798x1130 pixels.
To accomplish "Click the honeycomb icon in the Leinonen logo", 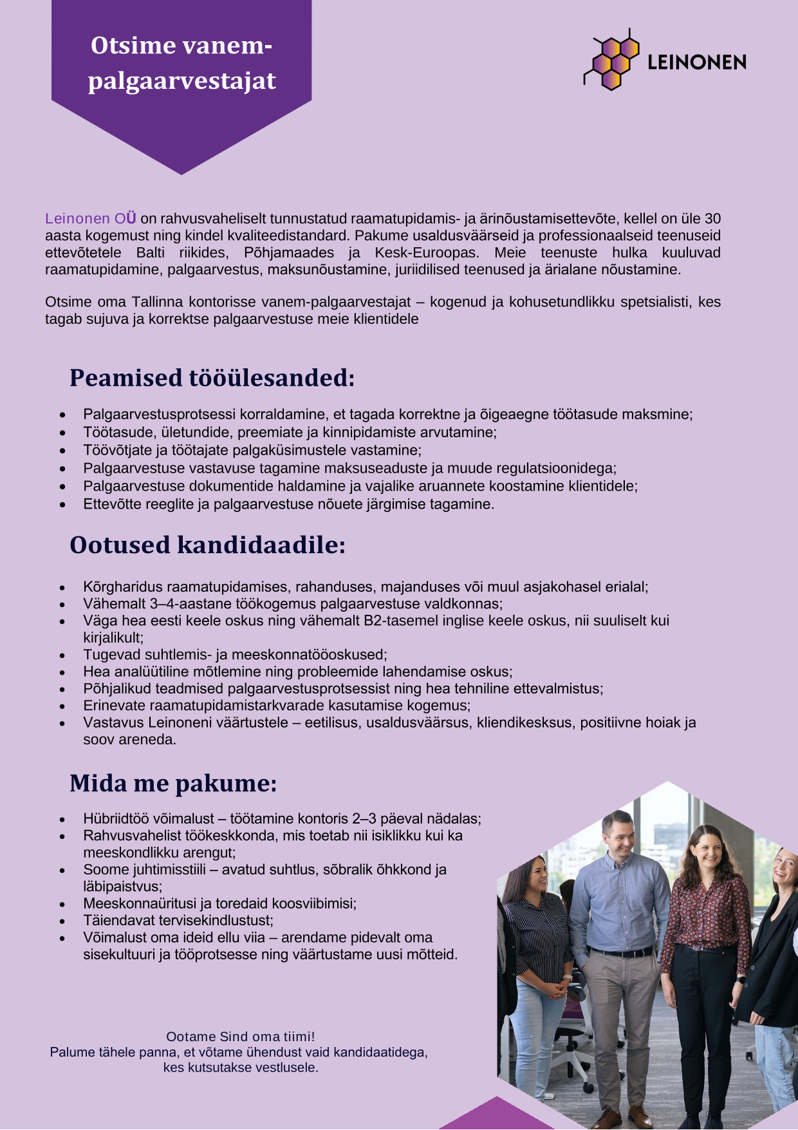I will click(x=612, y=60).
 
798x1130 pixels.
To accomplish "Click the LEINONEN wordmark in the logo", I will click(x=696, y=62).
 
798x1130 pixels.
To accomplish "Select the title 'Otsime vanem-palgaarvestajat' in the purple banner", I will click(x=181, y=63).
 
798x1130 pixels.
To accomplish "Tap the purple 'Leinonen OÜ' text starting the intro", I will click(x=91, y=219).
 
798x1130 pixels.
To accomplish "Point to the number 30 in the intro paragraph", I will click(x=712, y=219).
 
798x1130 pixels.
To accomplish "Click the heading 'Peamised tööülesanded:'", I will click(x=212, y=378).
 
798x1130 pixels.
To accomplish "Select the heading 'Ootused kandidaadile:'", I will click(x=207, y=545).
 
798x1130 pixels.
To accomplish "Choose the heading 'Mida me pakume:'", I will click(x=173, y=783).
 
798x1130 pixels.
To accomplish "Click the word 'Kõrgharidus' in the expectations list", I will click(x=123, y=587).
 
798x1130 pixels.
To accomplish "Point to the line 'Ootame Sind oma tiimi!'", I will click(x=240, y=1037).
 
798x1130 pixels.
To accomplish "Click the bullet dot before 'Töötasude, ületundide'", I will click(x=62, y=433).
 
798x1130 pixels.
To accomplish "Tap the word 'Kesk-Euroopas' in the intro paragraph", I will click(x=426, y=252).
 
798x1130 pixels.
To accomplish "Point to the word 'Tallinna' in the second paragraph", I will click(x=158, y=302).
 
